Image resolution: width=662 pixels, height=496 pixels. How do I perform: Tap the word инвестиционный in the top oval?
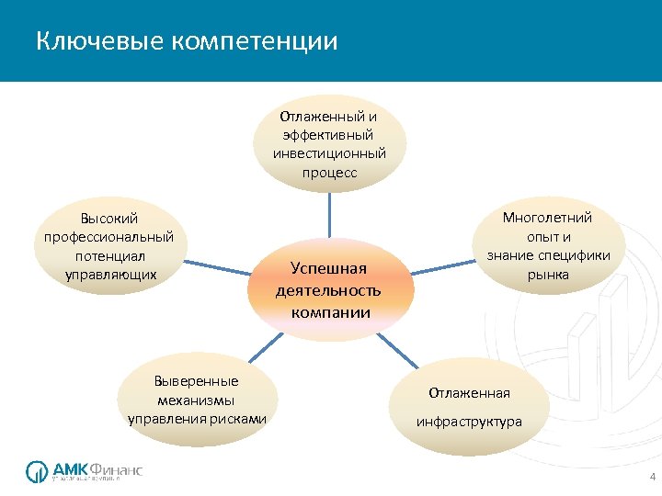[x=329, y=153]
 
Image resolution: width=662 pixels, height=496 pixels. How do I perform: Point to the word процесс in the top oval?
[x=329, y=172]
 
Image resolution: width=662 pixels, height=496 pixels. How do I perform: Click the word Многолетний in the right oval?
[x=548, y=218]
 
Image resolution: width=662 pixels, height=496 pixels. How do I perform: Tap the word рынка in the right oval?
[x=548, y=274]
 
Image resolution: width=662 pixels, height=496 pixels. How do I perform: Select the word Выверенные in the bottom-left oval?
[x=196, y=381]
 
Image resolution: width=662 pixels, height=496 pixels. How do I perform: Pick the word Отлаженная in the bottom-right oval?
[x=469, y=393]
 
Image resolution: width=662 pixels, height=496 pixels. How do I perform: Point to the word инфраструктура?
[x=469, y=422]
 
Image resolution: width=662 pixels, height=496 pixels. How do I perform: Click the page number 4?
[x=652, y=478]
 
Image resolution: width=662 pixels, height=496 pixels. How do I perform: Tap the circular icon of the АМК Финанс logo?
[x=38, y=470]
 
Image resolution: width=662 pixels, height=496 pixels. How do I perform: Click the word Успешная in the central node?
[x=328, y=268]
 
